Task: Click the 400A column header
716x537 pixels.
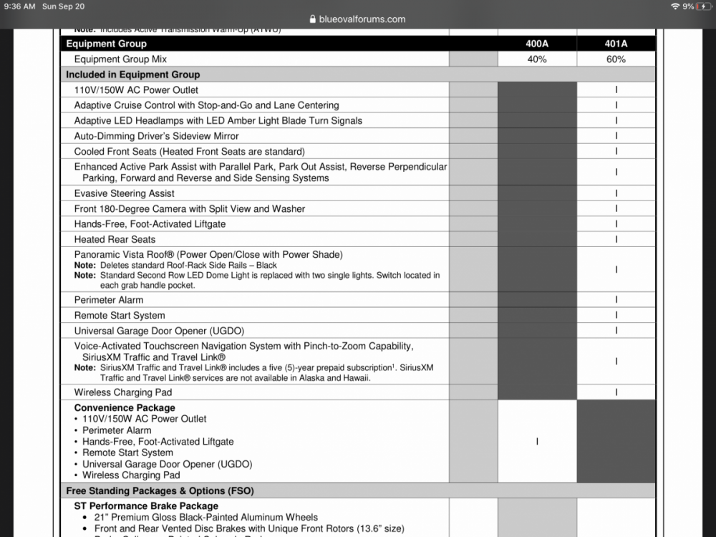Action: coord(537,44)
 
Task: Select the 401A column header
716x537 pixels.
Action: coord(616,44)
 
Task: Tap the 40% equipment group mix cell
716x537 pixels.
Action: coord(537,59)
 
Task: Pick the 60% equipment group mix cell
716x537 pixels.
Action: coord(616,59)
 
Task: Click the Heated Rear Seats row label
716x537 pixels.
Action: coord(115,239)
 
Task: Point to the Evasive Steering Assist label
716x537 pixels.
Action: coord(125,193)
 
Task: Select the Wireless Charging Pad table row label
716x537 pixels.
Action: coord(123,392)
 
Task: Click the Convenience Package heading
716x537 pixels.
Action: coord(125,408)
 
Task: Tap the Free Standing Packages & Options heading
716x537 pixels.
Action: coord(160,491)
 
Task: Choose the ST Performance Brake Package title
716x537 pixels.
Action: coord(146,506)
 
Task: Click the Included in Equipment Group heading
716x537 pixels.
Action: coord(133,74)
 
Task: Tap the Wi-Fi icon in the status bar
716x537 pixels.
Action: coord(674,6)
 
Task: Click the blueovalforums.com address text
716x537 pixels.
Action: coord(362,19)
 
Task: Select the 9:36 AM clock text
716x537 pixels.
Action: coord(19,6)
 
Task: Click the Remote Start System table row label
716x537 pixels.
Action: coord(120,315)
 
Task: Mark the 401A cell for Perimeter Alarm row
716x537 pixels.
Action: coord(616,300)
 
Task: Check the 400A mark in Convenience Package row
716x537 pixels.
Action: coord(537,442)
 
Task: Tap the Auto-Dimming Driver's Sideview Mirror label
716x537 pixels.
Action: coord(157,136)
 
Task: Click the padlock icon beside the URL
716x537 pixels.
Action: coord(312,19)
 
